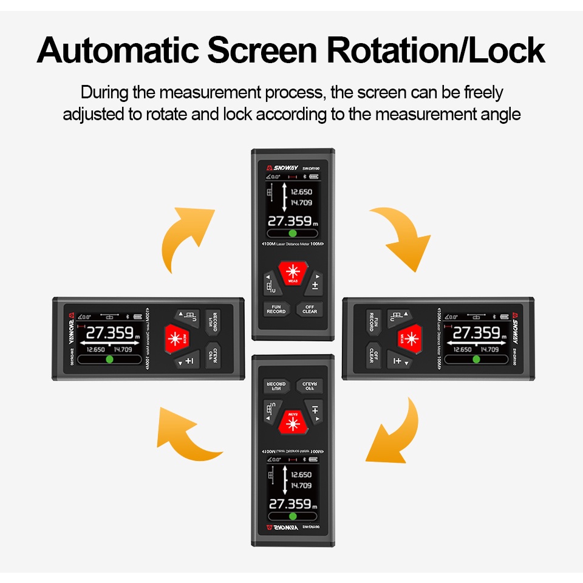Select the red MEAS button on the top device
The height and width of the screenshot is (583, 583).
click(293, 274)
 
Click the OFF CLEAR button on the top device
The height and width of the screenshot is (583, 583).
click(310, 309)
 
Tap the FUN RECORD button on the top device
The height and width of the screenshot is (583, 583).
click(276, 309)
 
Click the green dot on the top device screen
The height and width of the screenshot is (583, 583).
click(292, 233)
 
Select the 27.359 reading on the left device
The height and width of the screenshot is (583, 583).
click(110, 333)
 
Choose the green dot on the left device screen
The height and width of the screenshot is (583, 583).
click(110, 359)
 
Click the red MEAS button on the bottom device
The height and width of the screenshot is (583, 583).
click(293, 420)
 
